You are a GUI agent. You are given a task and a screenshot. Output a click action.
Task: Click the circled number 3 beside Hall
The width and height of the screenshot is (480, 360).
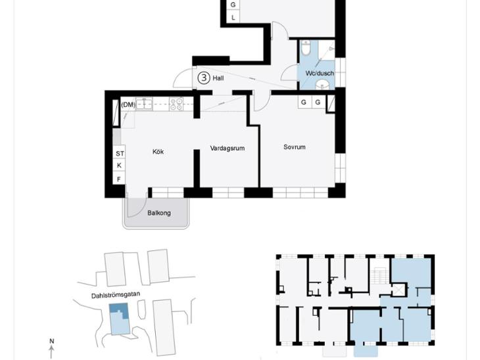point(204,78)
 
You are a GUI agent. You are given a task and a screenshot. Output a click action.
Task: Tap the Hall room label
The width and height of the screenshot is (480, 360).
point(218,78)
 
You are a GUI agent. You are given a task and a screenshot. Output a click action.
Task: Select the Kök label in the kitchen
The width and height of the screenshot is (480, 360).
point(158,151)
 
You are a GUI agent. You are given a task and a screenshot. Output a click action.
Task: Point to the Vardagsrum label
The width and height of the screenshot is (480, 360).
point(228,148)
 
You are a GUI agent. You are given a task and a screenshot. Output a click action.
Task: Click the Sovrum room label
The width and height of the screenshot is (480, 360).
point(295,147)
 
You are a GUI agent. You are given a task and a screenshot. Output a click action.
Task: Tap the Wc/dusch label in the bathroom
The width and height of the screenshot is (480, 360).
point(320,74)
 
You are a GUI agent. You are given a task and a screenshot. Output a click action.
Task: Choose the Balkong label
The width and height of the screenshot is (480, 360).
point(159,213)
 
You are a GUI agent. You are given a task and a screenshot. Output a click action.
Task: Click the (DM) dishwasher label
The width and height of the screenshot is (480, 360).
point(128,104)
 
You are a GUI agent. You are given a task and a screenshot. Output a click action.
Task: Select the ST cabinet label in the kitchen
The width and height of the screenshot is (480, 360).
point(120,154)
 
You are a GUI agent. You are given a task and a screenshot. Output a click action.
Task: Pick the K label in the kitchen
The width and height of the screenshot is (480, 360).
point(120,166)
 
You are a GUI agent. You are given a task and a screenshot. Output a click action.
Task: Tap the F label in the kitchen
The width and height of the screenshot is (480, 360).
point(119,179)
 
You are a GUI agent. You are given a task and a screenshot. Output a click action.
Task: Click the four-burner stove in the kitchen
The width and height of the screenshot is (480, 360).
point(176,104)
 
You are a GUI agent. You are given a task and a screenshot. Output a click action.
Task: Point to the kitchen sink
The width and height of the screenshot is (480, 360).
point(144,104)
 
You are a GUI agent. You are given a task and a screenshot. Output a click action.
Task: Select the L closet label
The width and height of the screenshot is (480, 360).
point(233,18)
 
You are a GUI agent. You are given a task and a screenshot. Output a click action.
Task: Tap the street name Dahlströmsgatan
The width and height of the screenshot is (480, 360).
point(116,295)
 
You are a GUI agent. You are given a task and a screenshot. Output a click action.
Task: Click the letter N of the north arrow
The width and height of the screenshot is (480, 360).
point(52,341)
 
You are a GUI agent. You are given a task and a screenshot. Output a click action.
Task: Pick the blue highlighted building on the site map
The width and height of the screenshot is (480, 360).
point(120,319)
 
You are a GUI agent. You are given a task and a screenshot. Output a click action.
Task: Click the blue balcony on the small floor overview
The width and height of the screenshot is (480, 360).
point(366,351)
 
